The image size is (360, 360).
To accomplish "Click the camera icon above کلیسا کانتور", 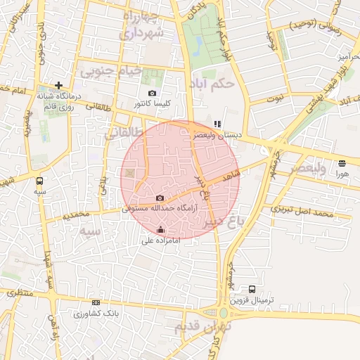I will click(x=152, y=93).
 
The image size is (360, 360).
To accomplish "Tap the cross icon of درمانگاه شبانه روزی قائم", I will click(x=59, y=85).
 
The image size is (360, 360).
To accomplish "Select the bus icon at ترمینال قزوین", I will click(x=252, y=289).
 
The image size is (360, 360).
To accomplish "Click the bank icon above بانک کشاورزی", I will click(x=96, y=302).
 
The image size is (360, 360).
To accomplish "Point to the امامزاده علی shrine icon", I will click(x=161, y=229).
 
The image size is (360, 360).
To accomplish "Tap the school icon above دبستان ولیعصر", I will click(x=218, y=124).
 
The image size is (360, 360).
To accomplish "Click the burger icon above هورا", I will click(x=342, y=162).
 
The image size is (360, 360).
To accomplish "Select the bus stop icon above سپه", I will click(x=39, y=180).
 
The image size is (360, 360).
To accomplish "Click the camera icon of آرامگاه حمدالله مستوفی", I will click(x=160, y=198).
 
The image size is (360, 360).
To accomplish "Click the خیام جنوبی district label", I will click(x=111, y=72).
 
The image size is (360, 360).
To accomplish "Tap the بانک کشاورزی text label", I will click(x=98, y=312).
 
